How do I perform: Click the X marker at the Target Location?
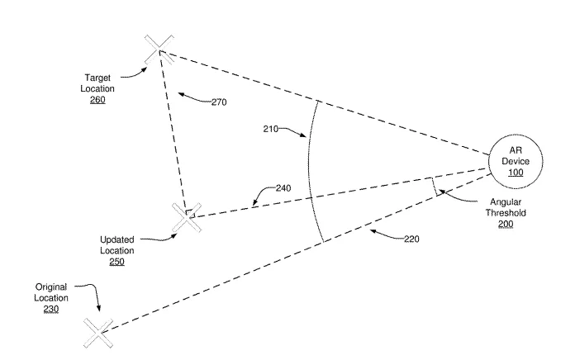coord(159,50)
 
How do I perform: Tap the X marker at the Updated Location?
coord(187,218)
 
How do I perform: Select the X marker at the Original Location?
coord(98,333)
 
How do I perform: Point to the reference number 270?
coord(219,102)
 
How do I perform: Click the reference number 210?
coord(271,129)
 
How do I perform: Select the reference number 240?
coord(283,188)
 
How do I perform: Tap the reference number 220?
coord(411,239)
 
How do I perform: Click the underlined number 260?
coord(97,100)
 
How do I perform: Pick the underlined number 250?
coord(117,262)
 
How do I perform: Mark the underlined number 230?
coord(51,310)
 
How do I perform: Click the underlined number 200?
coord(506,224)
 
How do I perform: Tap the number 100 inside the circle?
coord(516,173)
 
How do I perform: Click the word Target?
coord(97,78)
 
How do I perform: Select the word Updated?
coord(117,239)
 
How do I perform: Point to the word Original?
coord(51,287)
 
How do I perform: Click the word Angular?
coord(506,202)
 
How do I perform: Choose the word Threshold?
coord(506,213)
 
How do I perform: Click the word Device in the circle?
coord(516,161)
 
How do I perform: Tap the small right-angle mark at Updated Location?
coord(188,212)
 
